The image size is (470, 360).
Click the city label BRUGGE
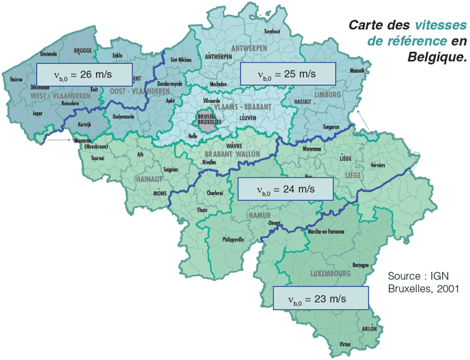pos(82,50)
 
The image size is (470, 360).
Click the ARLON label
pos(369,328)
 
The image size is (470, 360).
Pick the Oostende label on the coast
pos(49,53)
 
